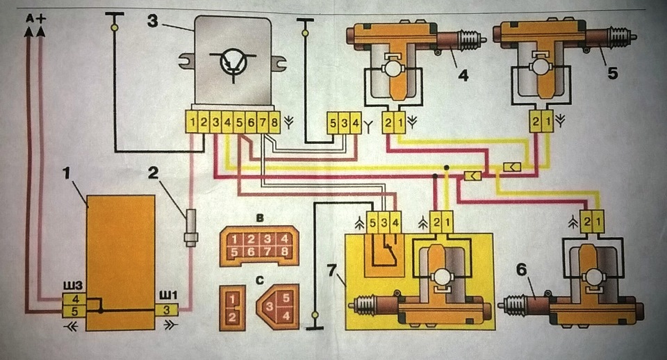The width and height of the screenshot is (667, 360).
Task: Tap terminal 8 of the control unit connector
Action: [274, 123]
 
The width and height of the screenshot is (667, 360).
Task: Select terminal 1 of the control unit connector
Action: [192, 123]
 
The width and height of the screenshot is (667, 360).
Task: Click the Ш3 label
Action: [72, 284]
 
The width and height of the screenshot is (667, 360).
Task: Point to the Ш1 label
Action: [168, 295]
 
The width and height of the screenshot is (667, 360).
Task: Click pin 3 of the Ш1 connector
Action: [166, 310]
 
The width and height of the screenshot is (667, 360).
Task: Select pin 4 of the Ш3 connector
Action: [75, 300]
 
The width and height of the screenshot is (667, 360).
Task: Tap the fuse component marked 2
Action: [191, 228]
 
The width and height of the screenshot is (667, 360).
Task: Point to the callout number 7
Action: [333, 270]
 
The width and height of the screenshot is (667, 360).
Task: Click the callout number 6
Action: [521, 270]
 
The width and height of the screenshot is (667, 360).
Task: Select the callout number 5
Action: [612, 73]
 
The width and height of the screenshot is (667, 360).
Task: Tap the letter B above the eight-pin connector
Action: [260, 218]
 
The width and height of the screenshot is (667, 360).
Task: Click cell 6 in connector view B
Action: [252, 252]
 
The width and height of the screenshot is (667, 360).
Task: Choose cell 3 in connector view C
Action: [270, 306]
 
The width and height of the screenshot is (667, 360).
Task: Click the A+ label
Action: [35, 18]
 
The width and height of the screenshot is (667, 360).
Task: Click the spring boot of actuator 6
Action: [515, 306]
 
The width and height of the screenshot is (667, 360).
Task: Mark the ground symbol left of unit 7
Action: [315, 321]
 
